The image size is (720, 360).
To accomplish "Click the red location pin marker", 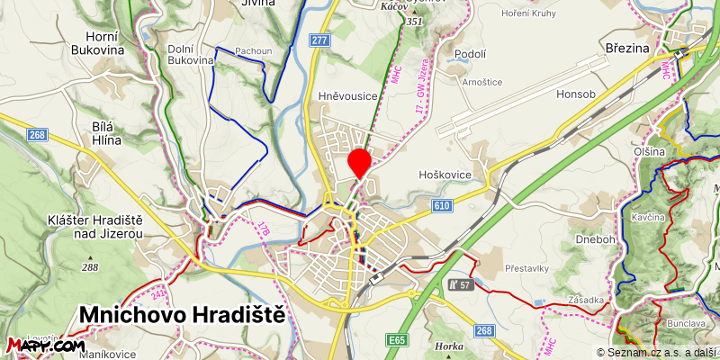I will pyautogui.click(x=360, y=163).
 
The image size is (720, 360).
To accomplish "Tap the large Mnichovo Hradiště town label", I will pyautogui.click(x=182, y=315).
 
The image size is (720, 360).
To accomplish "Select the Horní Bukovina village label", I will pyautogui.click(x=110, y=43).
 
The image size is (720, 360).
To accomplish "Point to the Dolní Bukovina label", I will pyautogui.click(x=191, y=54).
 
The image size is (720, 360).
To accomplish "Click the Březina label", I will pyautogui.click(x=626, y=47).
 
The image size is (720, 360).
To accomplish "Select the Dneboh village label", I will pyautogui.click(x=596, y=240).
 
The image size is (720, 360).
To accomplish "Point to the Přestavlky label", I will pyautogui.click(x=527, y=268).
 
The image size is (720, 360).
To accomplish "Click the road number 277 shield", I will pyautogui.click(x=319, y=40).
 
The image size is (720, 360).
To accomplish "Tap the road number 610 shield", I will pyautogui.click(x=441, y=206).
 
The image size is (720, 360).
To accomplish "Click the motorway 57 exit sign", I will pyautogui.click(x=458, y=285).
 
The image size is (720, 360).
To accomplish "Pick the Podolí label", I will pyautogui.click(x=471, y=55).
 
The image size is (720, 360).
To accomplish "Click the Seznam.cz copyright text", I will pyautogui.click(x=657, y=353).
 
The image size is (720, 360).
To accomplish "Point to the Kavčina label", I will pyautogui.click(x=647, y=219).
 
